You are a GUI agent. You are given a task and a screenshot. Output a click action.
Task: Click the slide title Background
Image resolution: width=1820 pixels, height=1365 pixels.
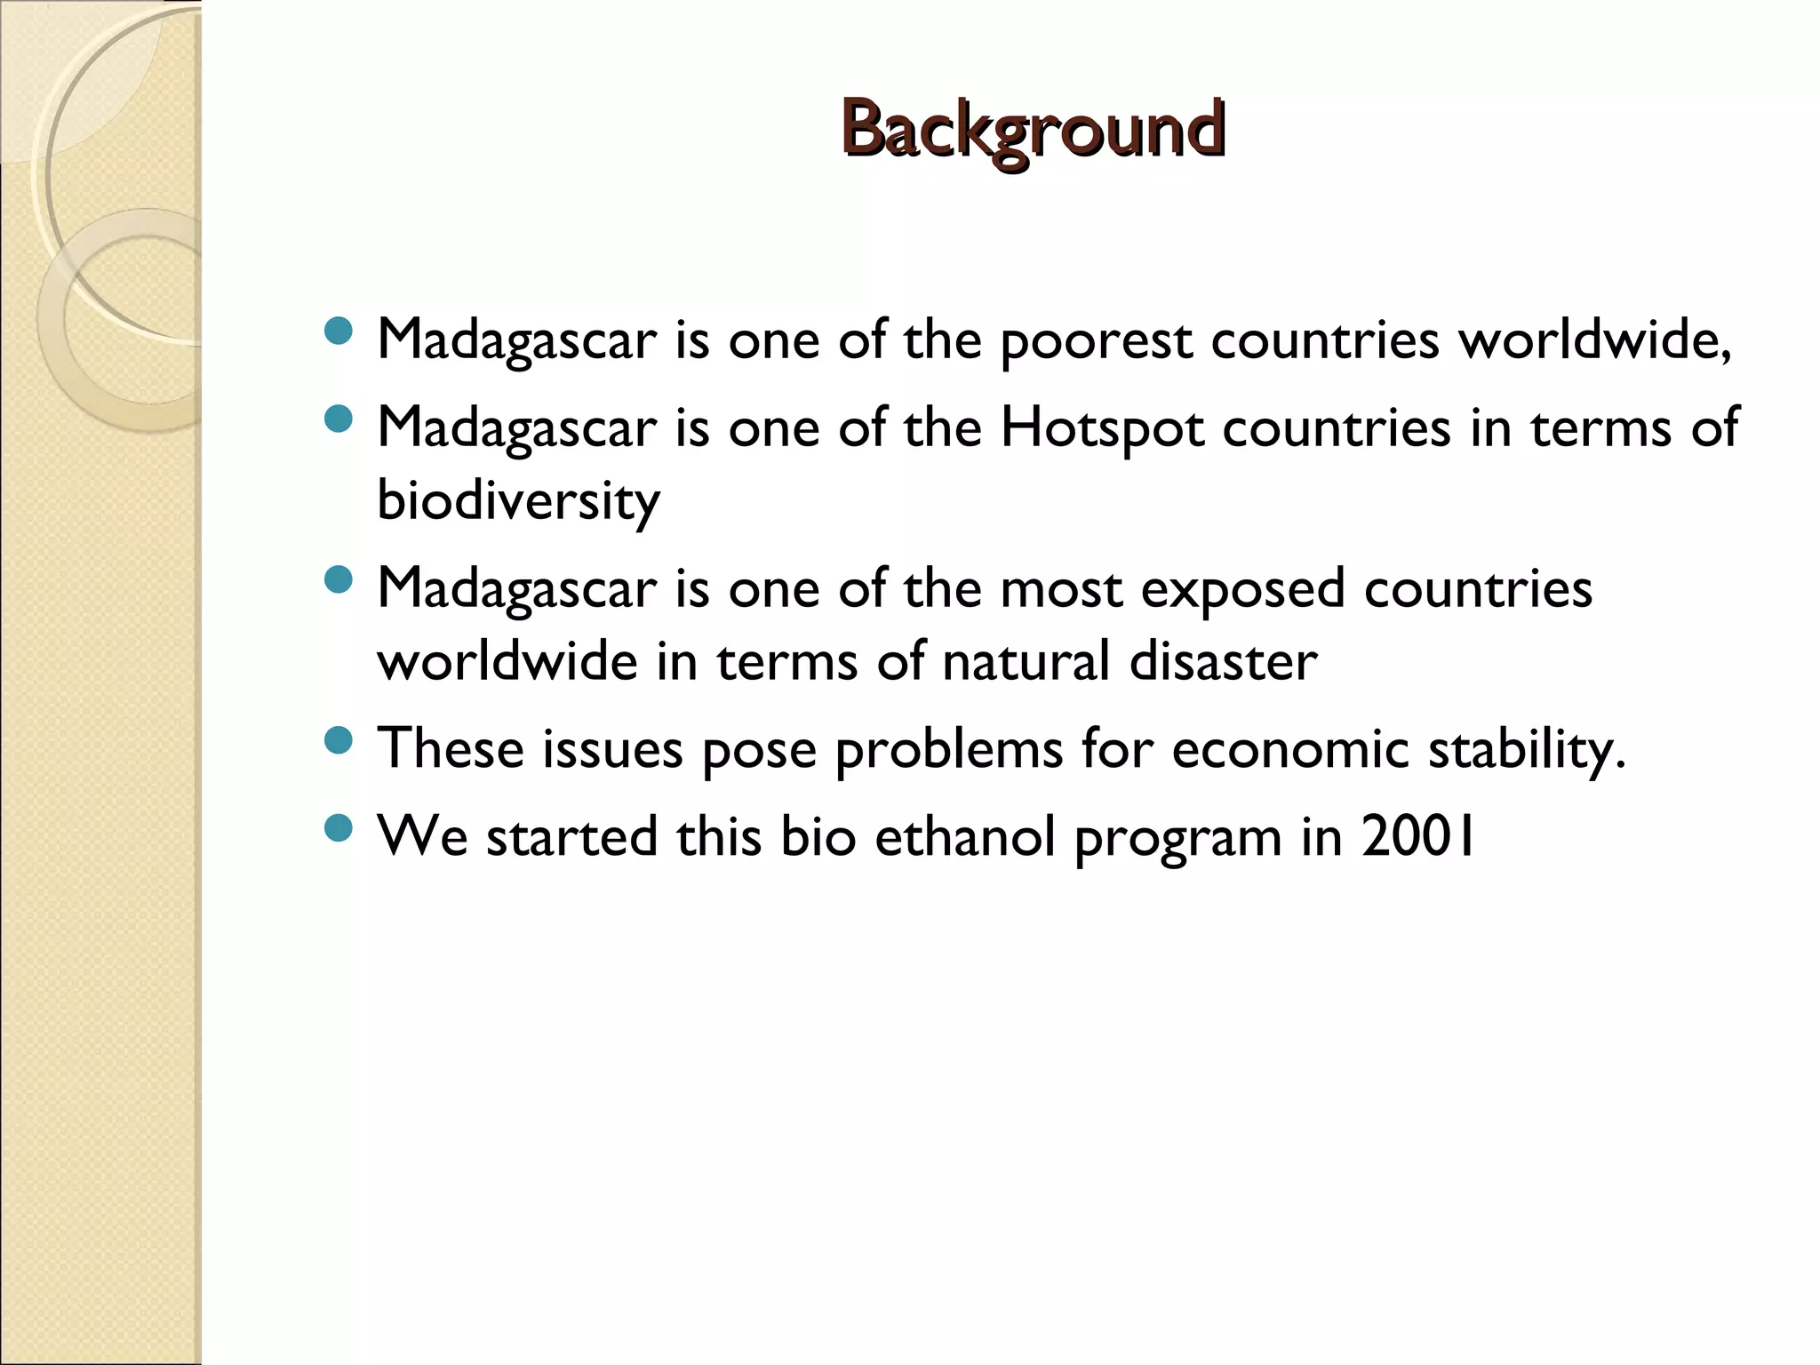click(1033, 131)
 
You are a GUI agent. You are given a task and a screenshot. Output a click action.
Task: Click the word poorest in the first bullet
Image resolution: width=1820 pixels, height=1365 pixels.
click(1095, 340)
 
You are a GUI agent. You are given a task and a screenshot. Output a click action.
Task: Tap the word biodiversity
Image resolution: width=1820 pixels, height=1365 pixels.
click(518, 501)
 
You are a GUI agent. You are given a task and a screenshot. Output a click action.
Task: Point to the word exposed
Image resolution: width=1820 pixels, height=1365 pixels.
click(1241, 590)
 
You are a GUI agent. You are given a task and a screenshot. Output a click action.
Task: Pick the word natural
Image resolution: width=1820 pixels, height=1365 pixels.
click(1026, 662)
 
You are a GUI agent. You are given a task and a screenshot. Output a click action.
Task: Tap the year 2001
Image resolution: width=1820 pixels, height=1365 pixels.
click(1418, 837)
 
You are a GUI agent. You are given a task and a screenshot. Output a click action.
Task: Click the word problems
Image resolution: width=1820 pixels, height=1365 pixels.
click(948, 749)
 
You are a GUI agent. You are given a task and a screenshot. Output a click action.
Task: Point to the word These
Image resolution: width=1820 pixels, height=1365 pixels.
click(451, 749)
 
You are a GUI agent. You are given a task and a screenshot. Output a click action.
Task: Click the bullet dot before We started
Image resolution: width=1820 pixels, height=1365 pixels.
click(339, 829)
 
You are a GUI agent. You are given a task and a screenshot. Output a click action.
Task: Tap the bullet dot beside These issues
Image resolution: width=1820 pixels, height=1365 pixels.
click(339, 740)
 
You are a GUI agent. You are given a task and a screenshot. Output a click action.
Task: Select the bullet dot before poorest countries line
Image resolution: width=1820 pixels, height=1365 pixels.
click(339, 332)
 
